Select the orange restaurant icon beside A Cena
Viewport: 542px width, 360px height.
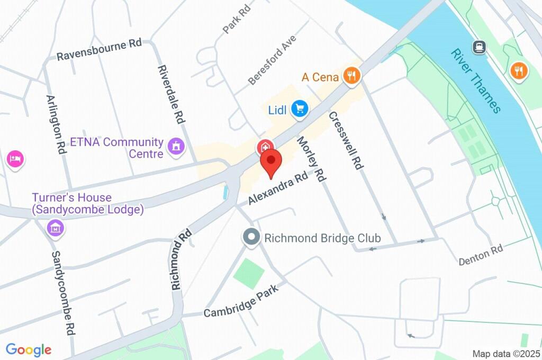tap(351, 77)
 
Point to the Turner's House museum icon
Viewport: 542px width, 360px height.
tap(55, 228)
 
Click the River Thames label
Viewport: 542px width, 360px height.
tap(476, 81)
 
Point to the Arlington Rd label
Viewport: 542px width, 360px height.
tap(56, 124)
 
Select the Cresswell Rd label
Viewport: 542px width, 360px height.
tap(345, 140)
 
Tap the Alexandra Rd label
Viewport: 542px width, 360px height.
tap(278, 188)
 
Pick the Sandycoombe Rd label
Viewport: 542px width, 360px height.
tap(62, 293)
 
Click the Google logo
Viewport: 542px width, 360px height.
tap(29, 349)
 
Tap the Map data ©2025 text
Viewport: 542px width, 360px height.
tap(505, 353)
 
